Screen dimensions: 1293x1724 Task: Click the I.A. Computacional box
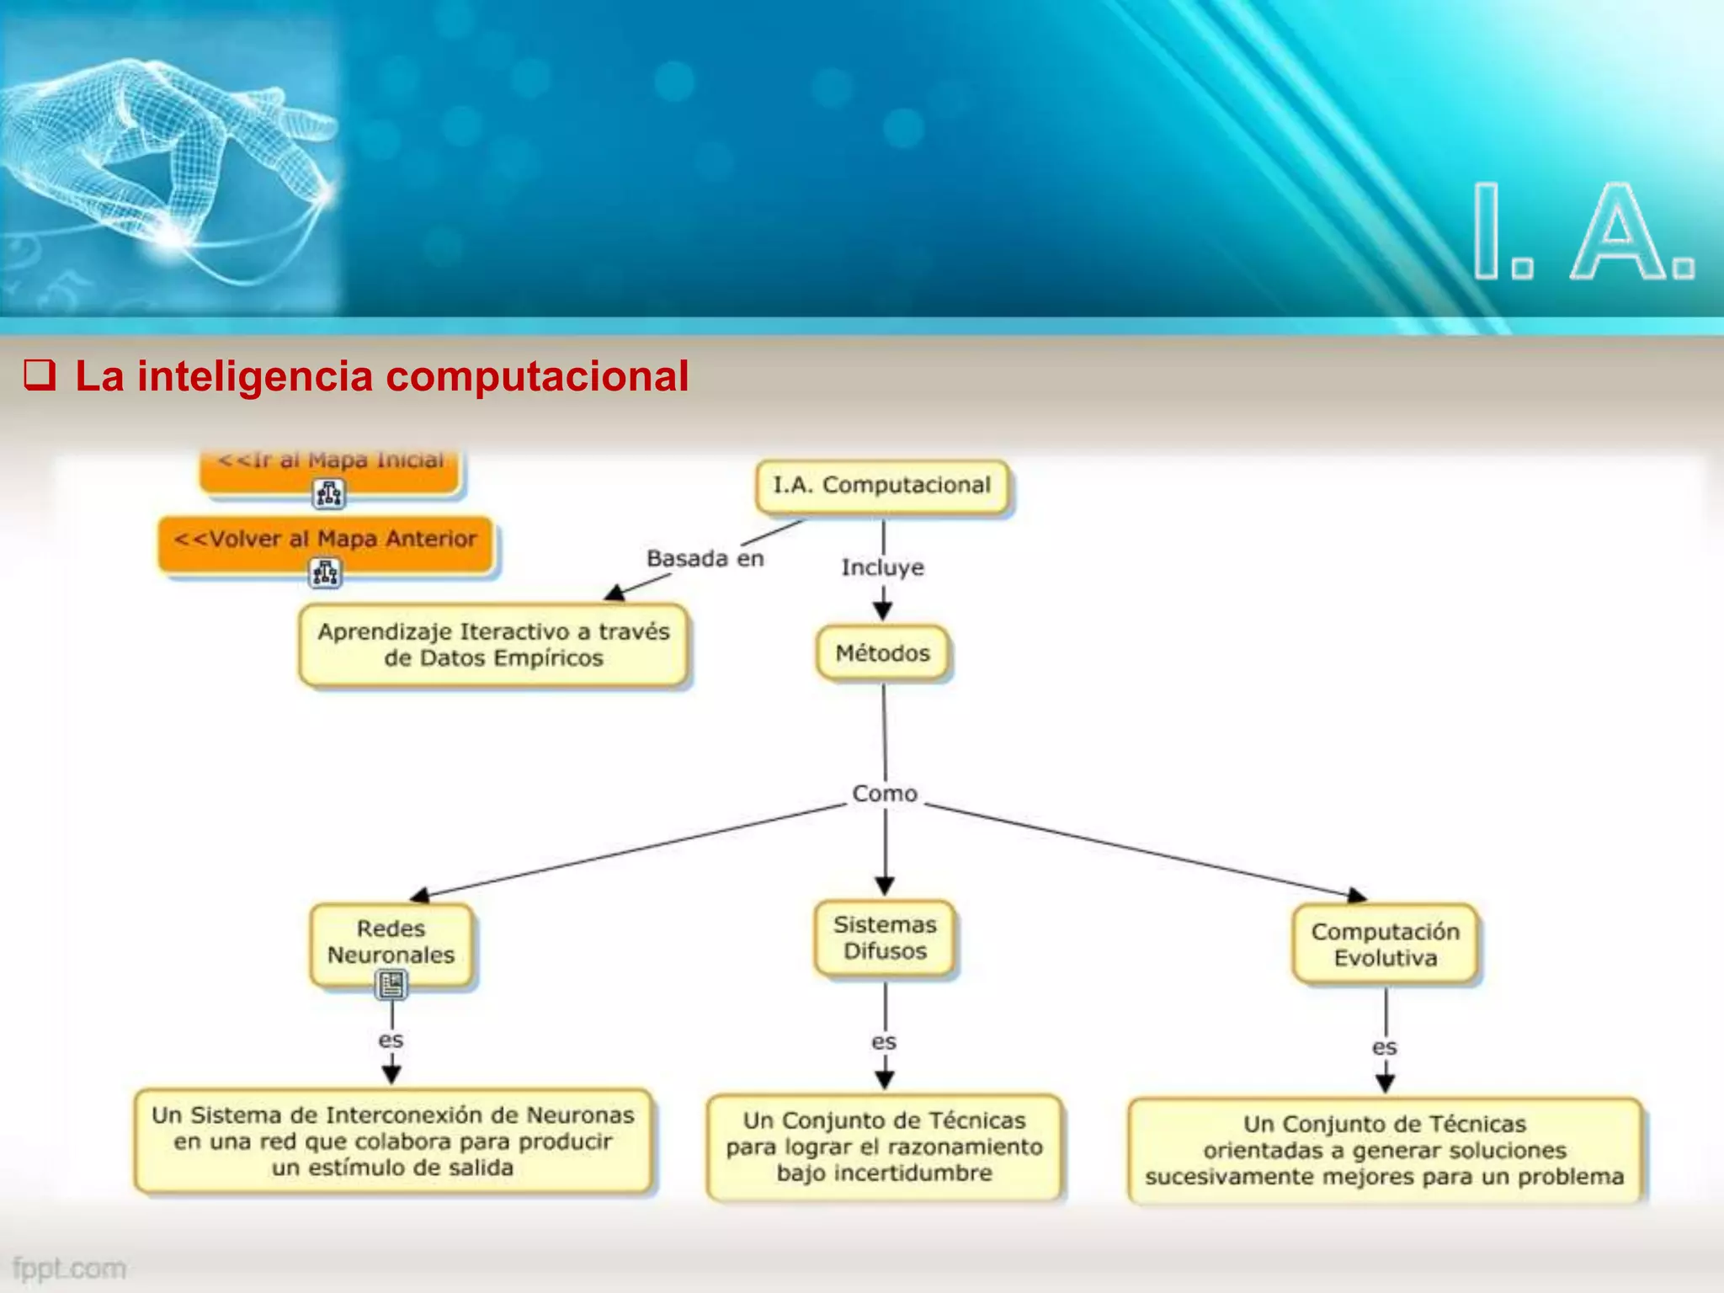coord(881,486)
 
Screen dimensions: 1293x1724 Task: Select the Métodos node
coord(882,653)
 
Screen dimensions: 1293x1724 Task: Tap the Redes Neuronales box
coord(391,942)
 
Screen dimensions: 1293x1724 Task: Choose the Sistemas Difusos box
coord(885,938)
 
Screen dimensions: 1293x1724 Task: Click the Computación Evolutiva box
coord(1385,944)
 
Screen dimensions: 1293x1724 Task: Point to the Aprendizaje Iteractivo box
coord(493,645)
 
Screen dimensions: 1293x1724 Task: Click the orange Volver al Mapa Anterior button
coord(325,540)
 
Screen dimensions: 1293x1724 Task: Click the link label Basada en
coord(705,559)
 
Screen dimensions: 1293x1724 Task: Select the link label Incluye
coord(882,567)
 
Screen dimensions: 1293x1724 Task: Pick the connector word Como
coord(884,794)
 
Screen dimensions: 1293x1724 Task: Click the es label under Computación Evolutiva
coord(1384,1047)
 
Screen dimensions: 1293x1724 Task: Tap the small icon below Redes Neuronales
coord(391,984)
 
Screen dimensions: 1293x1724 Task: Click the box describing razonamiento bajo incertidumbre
coord(884,1147)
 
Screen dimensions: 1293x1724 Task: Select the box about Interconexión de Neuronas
coord(392,1141)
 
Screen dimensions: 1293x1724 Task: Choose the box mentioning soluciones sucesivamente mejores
coord(1384,1150)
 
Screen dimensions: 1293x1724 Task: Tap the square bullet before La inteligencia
coord(40,375)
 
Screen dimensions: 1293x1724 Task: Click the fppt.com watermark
coord(69,1268)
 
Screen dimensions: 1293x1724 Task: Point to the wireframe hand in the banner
coord(168,152)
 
